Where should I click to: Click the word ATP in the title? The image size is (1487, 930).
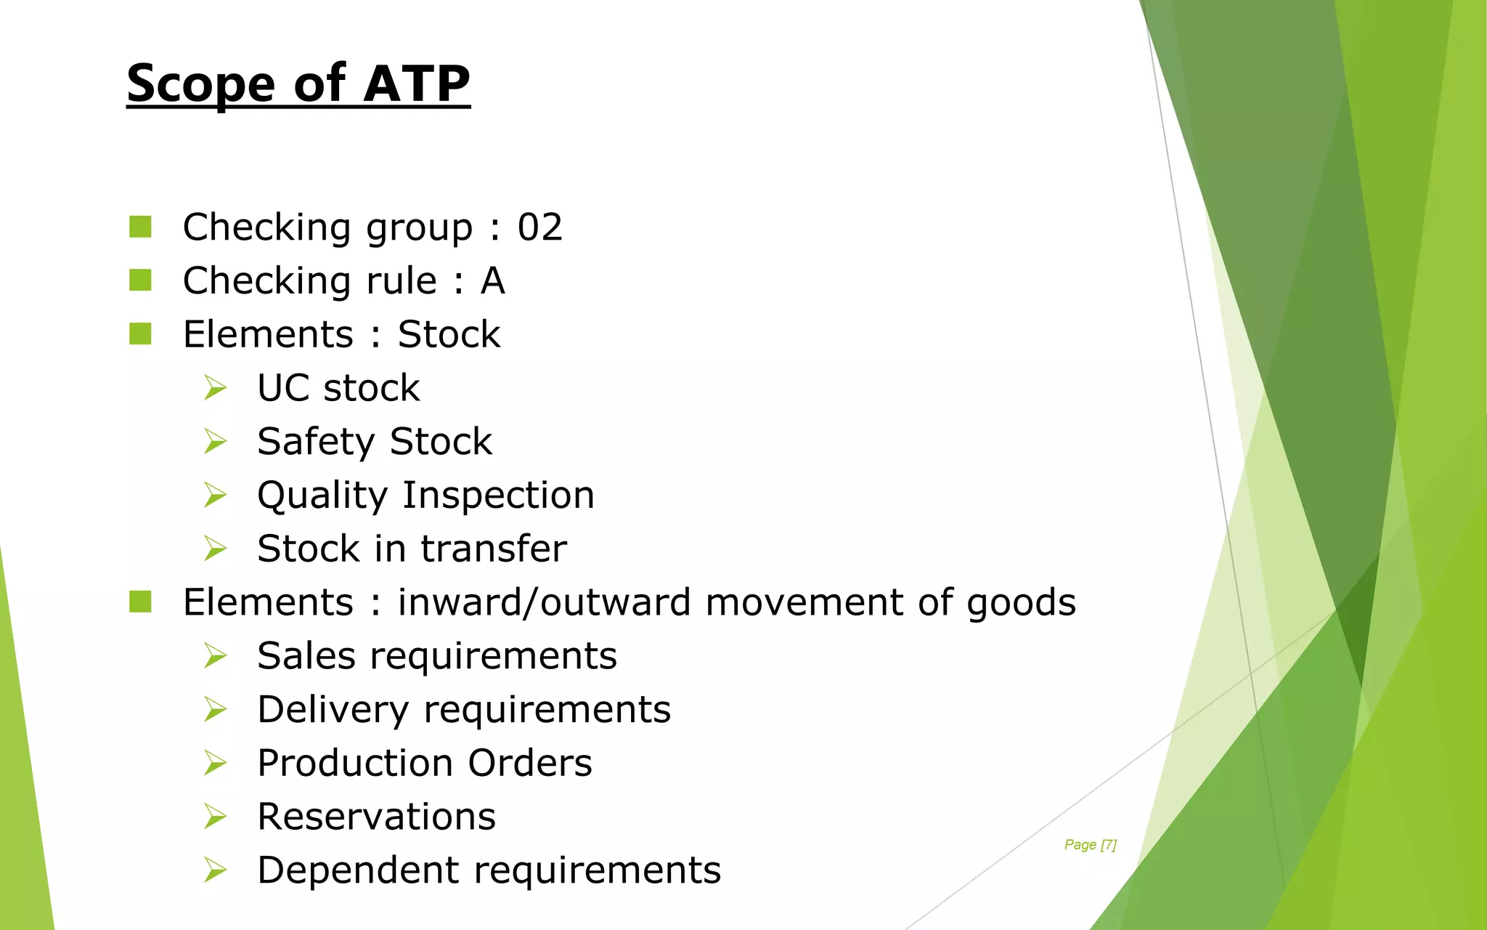click(417, 84)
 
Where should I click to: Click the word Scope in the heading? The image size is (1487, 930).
click(200, 85)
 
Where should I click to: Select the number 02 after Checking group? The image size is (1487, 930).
click(539, 227)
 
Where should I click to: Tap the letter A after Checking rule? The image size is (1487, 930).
click(492, 281)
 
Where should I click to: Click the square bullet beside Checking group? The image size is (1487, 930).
click(140, 227)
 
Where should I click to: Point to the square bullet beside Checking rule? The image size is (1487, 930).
click(140, 280)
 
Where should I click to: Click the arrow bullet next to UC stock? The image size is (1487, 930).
click(215, 388)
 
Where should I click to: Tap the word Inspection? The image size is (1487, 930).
click(498, 496)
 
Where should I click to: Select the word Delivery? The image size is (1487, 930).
click(333, 710)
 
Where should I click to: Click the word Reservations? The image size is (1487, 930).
click(376, 817)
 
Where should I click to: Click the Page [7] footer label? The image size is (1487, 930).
click(1090, 844)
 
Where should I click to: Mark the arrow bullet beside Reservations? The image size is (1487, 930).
click(215, 817)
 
